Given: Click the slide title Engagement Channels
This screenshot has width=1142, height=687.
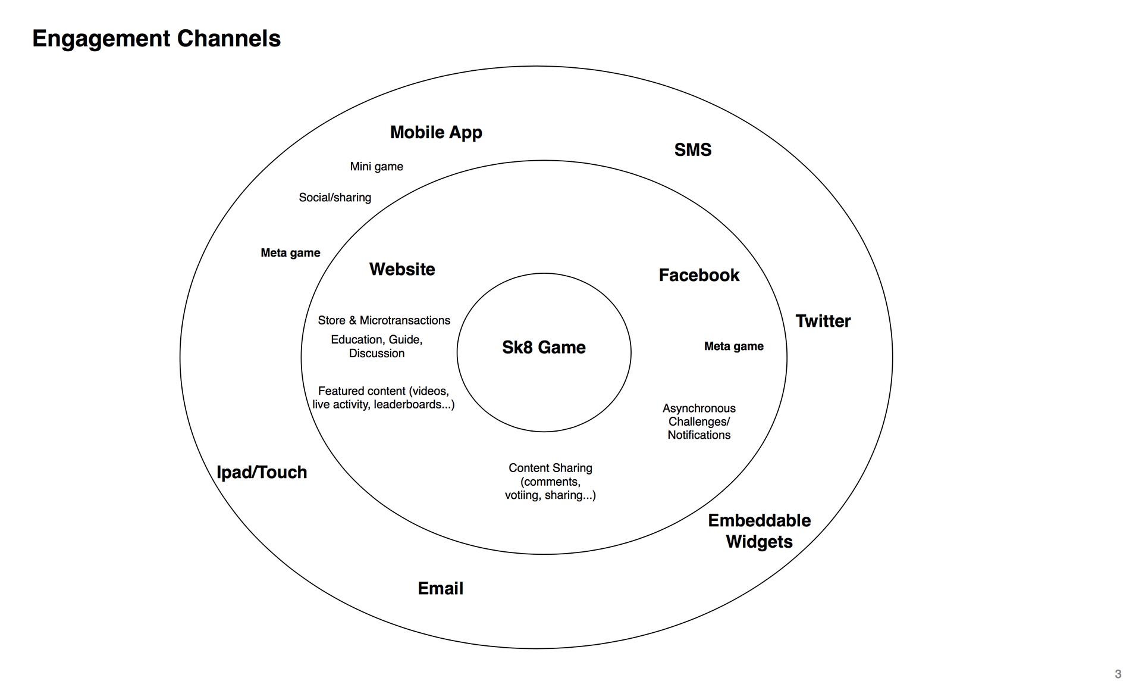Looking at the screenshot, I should tap(156, 39).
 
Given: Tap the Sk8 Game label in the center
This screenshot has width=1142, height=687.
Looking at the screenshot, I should tap(544, 347).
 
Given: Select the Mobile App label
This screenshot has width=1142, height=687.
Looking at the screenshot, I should tap(436, 132).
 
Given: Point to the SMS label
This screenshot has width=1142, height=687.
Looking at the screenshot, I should tap(692, 149).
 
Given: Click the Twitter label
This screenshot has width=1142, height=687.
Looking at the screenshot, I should tap(823, 321).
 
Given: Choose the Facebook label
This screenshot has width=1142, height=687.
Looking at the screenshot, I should tap(699, 275).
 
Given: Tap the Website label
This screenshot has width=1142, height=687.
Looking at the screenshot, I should tap(402, 269).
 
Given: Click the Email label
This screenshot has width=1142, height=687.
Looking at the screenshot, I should tap(440, 588).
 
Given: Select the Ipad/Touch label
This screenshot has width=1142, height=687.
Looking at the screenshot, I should tap(262, 472).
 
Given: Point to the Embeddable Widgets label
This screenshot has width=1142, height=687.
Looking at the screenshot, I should tap(759, 531).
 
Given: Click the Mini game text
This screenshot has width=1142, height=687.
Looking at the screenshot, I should tap(377, 167).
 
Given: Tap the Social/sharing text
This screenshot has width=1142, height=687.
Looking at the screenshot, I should tap(335, 198).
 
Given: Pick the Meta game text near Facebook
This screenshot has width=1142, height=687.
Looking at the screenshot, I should tap(733, 346).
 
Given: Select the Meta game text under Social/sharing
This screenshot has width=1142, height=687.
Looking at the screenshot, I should tap(290, 253).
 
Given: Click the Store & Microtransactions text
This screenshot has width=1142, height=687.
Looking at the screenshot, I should tap(384, 320).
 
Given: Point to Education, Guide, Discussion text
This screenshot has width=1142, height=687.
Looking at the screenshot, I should tap(377, 346).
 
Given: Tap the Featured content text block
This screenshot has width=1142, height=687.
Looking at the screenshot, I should tap(383, 398).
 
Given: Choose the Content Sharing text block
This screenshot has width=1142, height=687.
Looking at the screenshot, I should tap(550, 481).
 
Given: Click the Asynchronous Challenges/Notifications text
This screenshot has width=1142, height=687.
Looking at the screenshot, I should tap(699, 421).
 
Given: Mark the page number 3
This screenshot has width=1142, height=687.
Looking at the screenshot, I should tap(1118, 674).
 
